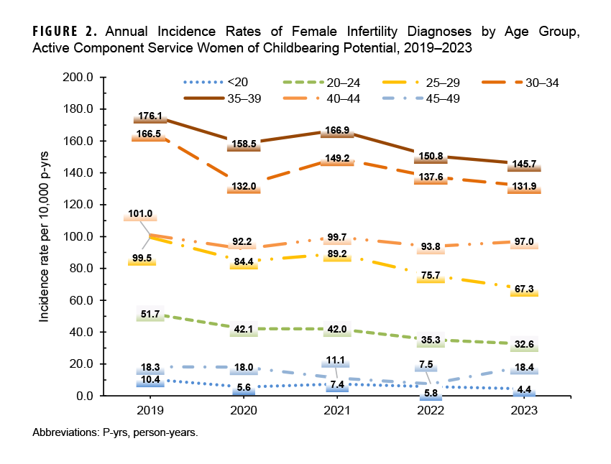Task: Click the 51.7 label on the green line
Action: pos(150,314)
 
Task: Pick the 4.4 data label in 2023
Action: pos(525,390)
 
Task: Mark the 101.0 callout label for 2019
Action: pos(140,214)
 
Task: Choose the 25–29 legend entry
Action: pos(441,83)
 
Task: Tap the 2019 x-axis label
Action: pos(150,412)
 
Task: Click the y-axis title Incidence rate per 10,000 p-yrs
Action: pos(45,237)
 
